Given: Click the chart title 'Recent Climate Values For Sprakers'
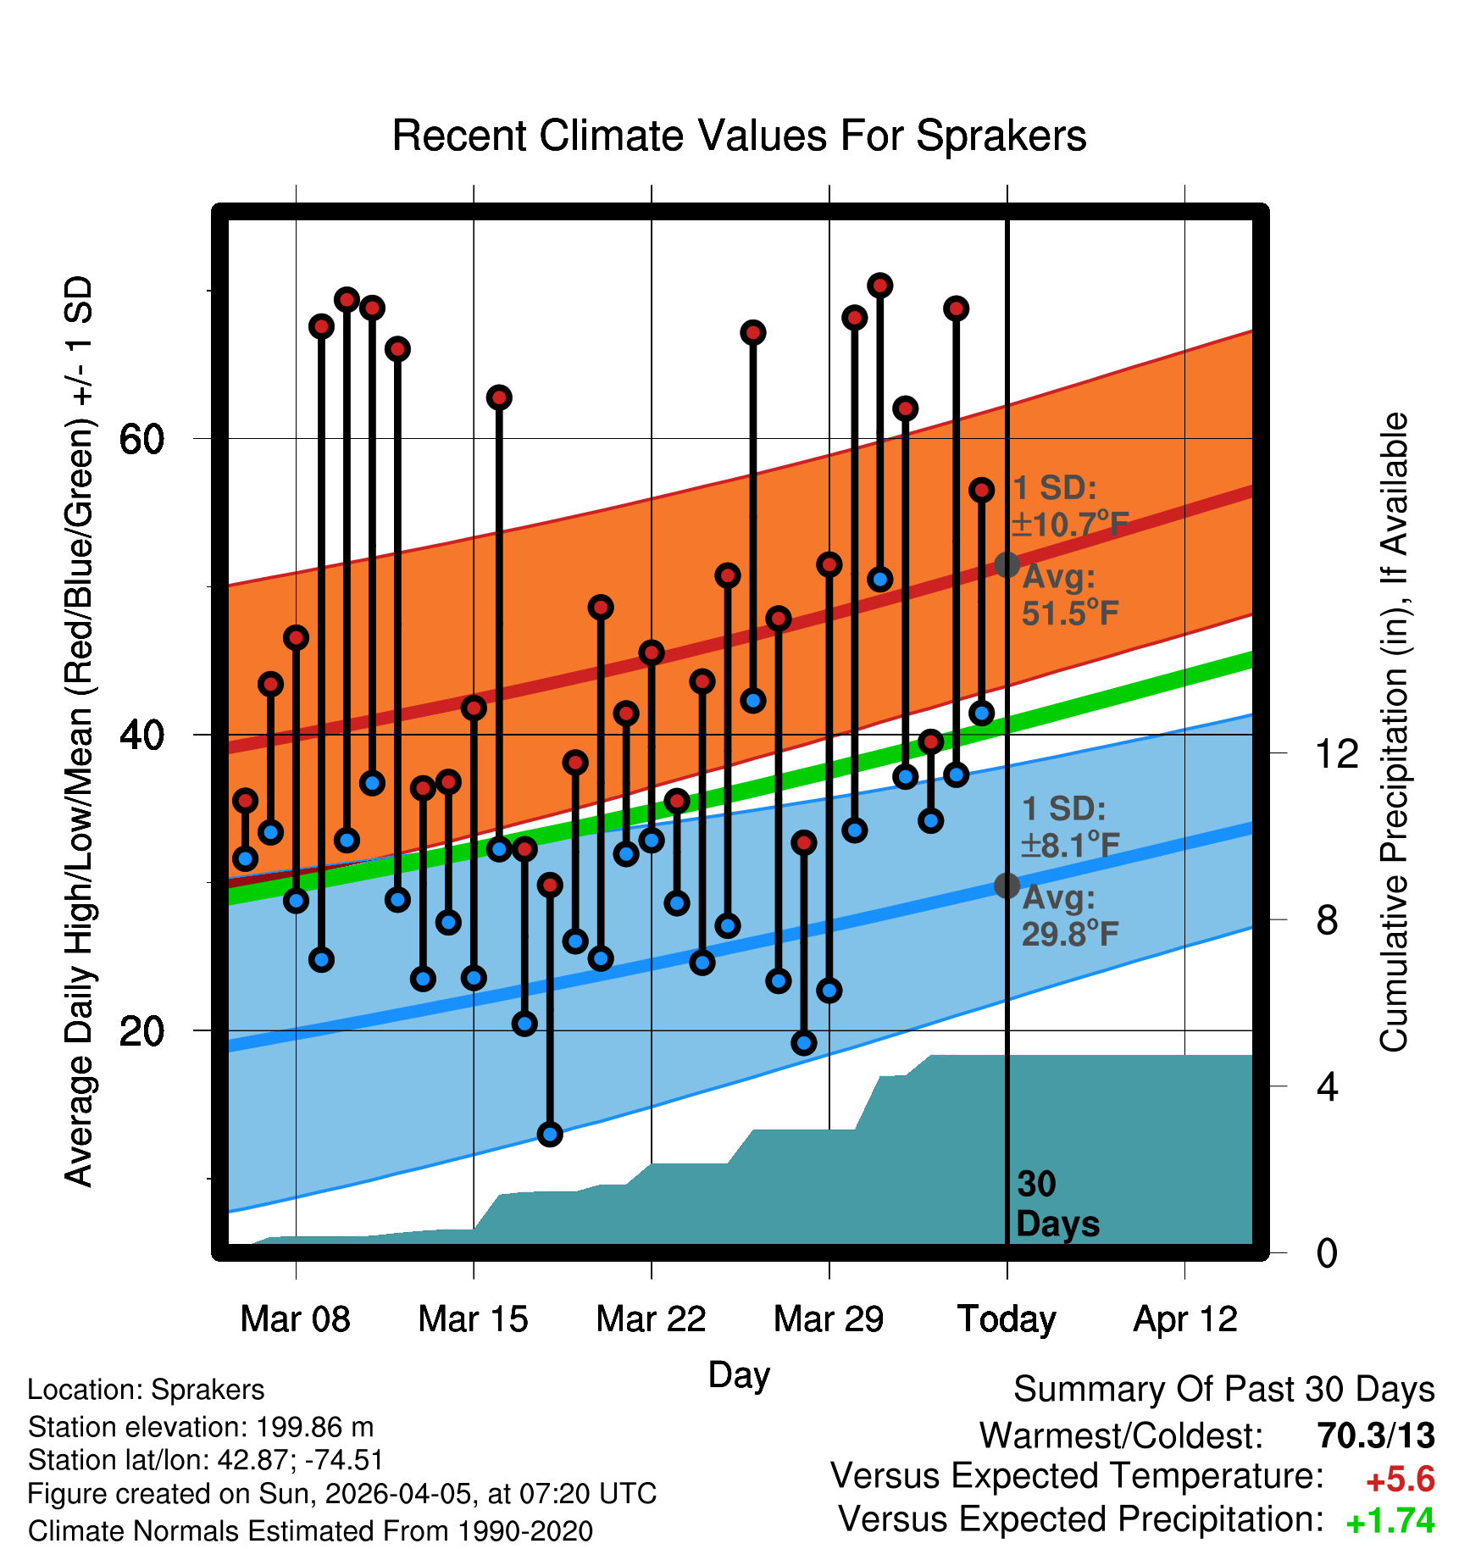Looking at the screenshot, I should (739, 136).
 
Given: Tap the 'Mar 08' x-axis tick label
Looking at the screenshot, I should (295, 1319).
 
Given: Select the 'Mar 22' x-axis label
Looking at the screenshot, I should (651, 1319).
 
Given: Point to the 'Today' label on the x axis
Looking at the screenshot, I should (1007, 1319).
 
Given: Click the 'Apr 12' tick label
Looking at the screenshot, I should (1185, 1319).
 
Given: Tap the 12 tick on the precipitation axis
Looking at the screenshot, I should (1337, 753).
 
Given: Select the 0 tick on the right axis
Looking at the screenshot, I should (1327, 1253).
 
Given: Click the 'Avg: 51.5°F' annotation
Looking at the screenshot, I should (1069, 595).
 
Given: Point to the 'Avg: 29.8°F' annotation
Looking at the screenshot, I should (1069, 916).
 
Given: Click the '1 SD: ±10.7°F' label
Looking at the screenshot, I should (1069, 507).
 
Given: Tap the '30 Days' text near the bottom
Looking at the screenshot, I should (1057, 1204).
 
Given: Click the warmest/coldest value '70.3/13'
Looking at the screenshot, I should (1376, 1435).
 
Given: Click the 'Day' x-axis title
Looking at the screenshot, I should (739, 1374).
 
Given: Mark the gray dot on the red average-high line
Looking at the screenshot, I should (1007, 564).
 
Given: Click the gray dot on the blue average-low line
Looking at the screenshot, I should (1007, 886).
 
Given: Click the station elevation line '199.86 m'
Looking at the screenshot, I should (201, 1427).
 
